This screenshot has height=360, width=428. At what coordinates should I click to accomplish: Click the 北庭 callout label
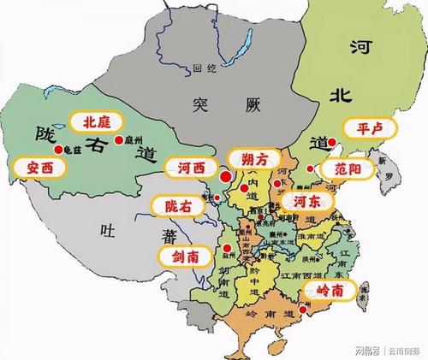96,122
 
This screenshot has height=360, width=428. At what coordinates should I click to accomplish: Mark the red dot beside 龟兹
57,150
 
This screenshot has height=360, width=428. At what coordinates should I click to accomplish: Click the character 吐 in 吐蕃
105,228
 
